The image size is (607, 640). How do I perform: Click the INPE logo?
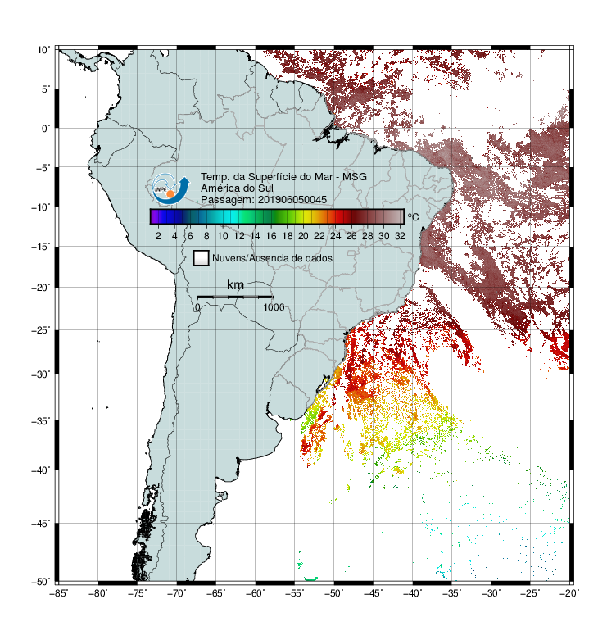pyautogui.click(x=170, y=188)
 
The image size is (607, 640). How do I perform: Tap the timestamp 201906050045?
pyautogui.click(x=292, y=200)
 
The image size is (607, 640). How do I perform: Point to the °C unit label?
pyautogui.click(x=413, y=216)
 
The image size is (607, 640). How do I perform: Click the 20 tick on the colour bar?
pyautogui.click(x=303, y=236)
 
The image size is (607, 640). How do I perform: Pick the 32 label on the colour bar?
pyautogui.click(x=400, y=236)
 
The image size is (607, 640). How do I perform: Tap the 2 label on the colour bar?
pyautogui.click(x=158, y=236)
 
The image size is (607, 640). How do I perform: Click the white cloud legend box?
pyautogui.click(x=202, y=258)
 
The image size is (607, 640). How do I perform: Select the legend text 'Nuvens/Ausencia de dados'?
pyautogui.click(x=272, y=258)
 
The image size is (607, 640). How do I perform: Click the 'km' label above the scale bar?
pyautogui.click(x=235, y=285)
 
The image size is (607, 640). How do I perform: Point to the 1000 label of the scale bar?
pyautogui.click(x=274, y=307)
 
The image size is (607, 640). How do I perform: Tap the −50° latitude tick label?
pyautogui.click(x=41, y=582)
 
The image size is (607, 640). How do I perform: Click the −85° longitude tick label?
pyautogui.click(x=59, y=593)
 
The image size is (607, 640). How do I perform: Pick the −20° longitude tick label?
pyautogui.click(x=569, y=593)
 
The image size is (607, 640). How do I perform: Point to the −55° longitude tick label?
pyautogui.click(x=295, y=593)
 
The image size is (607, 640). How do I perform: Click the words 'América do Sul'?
pyautogui.click(x=237, y=188)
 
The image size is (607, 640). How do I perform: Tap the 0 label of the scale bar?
pyautogui.click(x=197, y=307)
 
